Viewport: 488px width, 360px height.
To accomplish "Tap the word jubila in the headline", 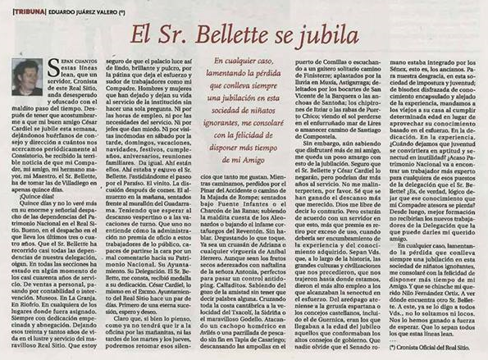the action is pyautogui.click(x=355, y=34).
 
